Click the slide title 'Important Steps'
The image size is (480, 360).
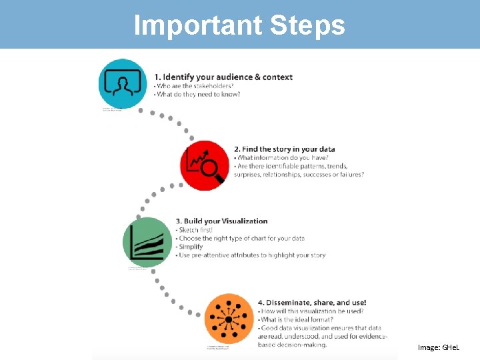(239, 25)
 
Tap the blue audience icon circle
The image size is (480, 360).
(122, 84)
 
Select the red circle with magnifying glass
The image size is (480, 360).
(205, 165)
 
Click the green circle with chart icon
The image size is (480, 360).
(147, 242)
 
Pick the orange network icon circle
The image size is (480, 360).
(228, 318)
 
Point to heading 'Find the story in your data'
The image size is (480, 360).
(284, 149)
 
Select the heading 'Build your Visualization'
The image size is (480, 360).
(221, 221)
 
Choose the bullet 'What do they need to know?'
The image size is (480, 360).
(198, 95)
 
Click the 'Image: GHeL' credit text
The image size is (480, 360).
(438, 347)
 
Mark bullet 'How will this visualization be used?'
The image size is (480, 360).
(312, 311)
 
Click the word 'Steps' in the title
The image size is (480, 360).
(307, 25)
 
